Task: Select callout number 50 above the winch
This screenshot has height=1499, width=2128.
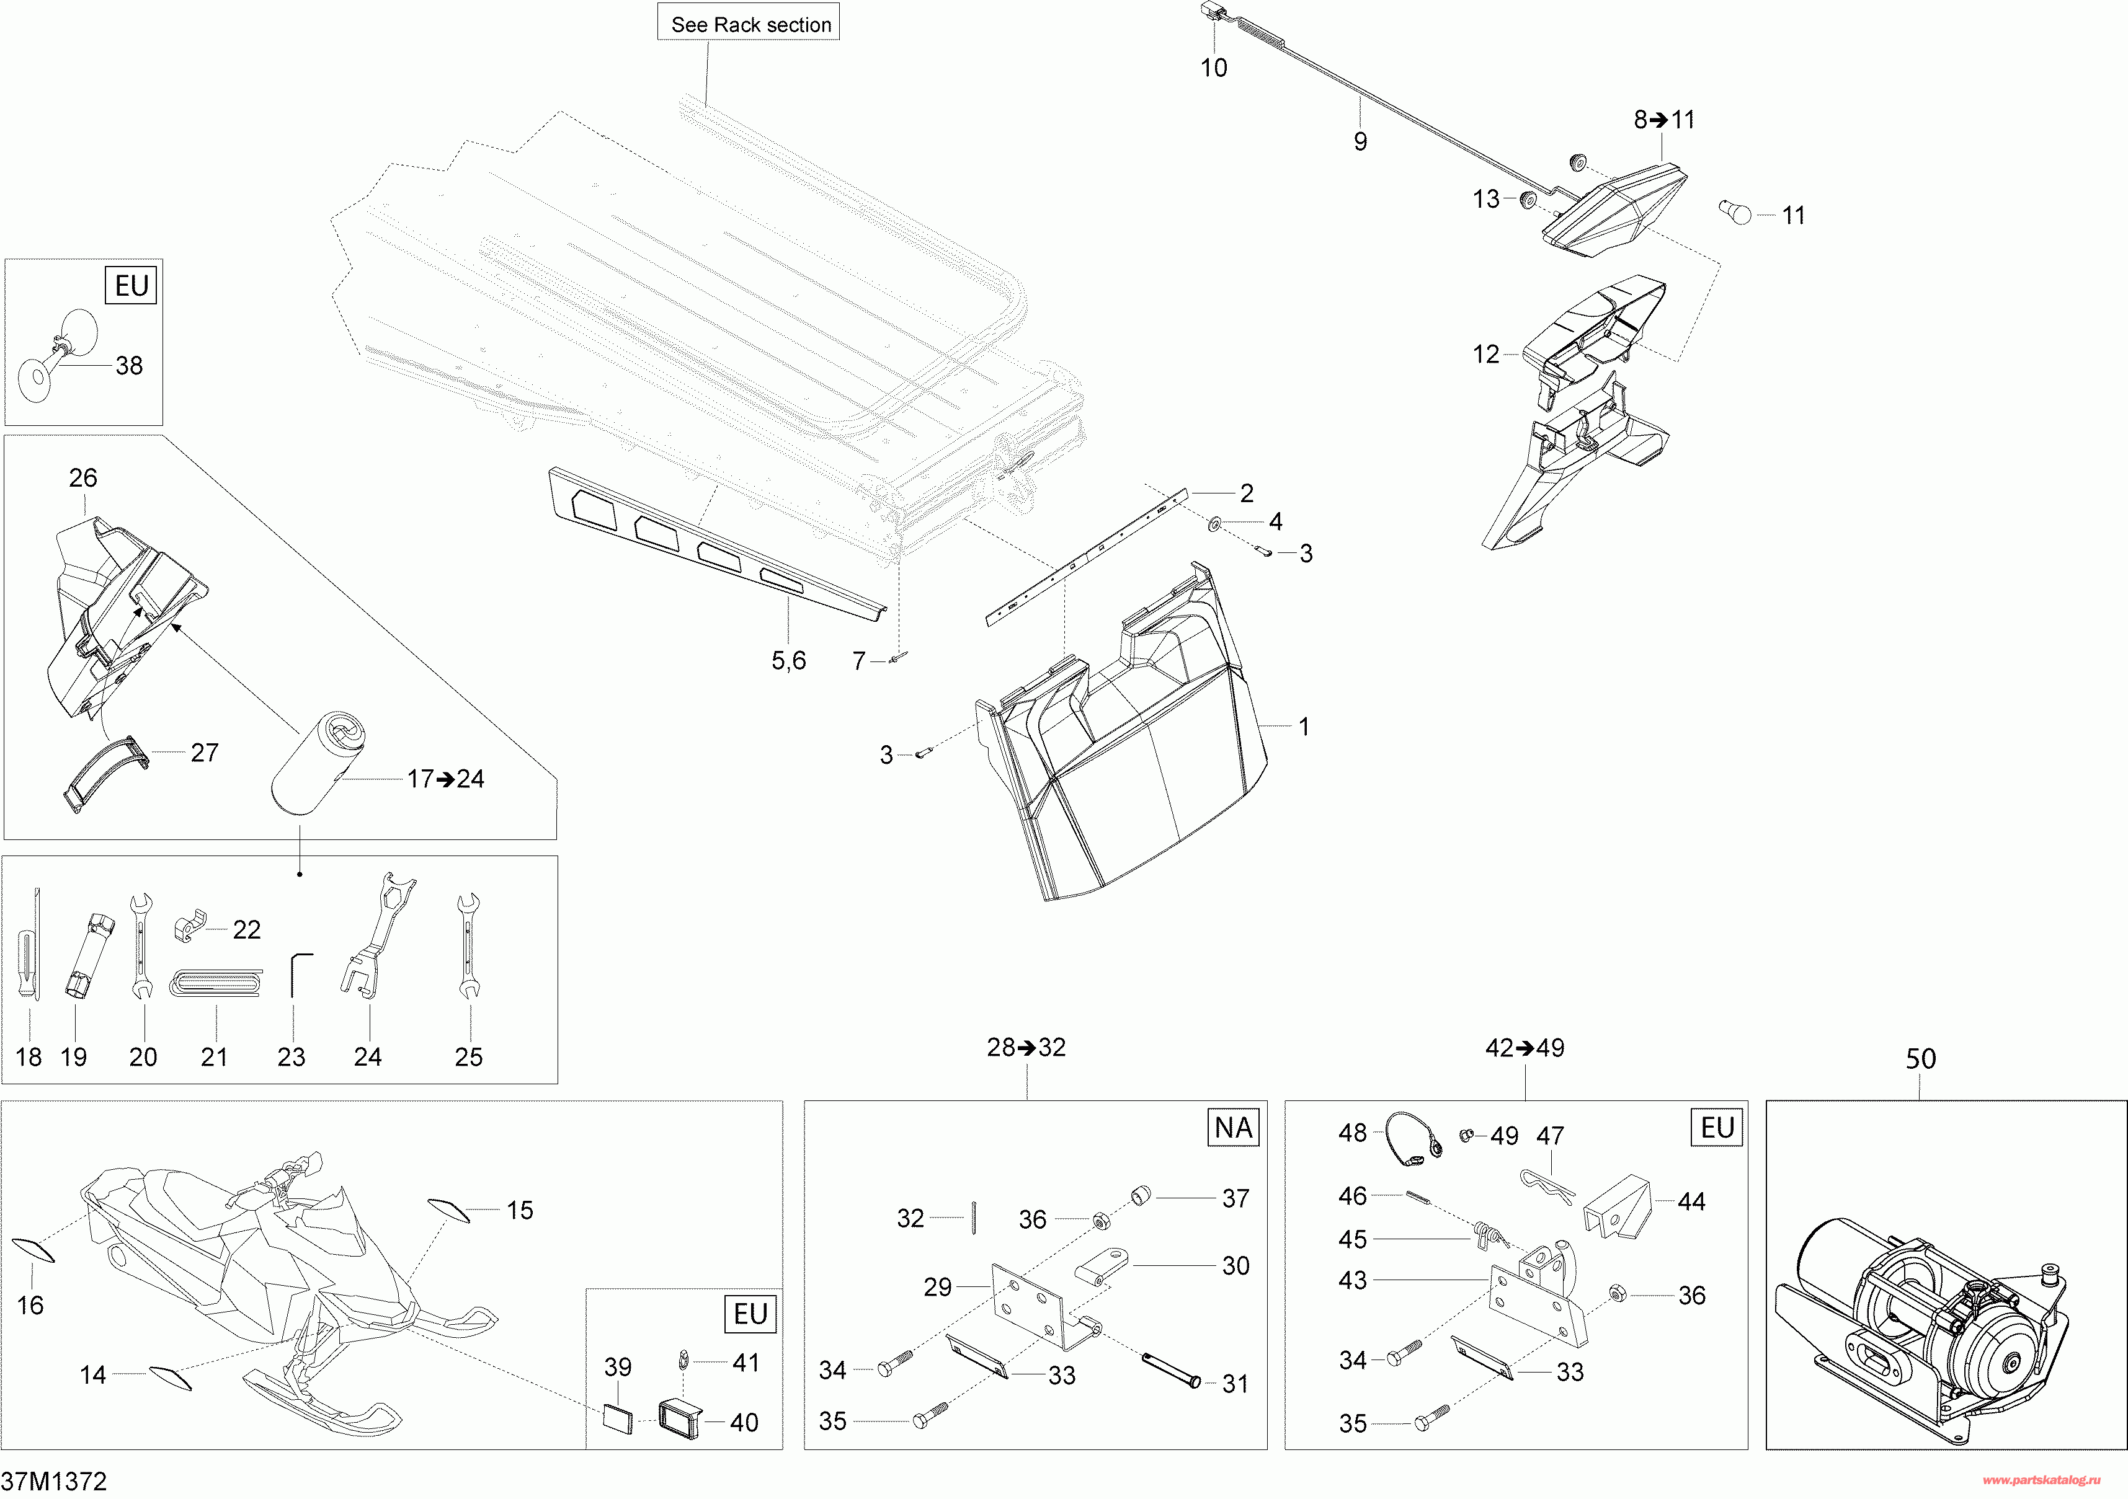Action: pyautogui.click(x=1920, y=1059)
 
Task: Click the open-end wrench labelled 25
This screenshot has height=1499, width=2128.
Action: pyautogui.click(x=468, y=945)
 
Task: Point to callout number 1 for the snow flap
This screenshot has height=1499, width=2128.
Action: pyautogui.click(x=1304, y=727)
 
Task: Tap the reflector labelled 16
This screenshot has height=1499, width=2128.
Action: pyautogui.click(x=34, y=1249)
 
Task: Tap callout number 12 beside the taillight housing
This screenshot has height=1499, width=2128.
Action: pyautogui.click(x=1485, y=354)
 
